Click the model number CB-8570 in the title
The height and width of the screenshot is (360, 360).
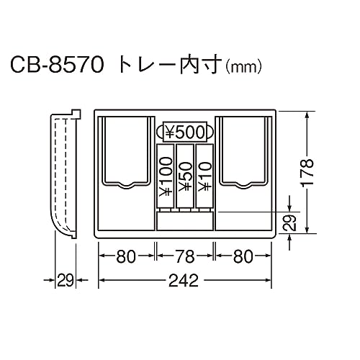pyautogui.click(x=57, y=65)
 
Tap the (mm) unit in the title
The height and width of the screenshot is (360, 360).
pyautogui.click(x=243, y=67)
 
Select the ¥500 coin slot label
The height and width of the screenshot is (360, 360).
pyautogui.click(x=185, y=132)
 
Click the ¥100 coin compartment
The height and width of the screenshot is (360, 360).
pyautogui.click(x=165, y=176)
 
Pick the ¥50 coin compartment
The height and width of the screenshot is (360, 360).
pyautogui.click(x=185, y=176)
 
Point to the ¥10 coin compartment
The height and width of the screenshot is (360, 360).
pyautogui.click(x=204, y=176)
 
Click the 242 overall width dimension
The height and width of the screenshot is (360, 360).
pyautogui.click(x=184, y=280)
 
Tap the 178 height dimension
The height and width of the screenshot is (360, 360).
pyautogui.click(x=307, y=172)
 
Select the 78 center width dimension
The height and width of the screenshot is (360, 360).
pyautogui.click(x=185, y=256)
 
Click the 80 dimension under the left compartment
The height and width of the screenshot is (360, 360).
pyautogui.click(x=126, y=256)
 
